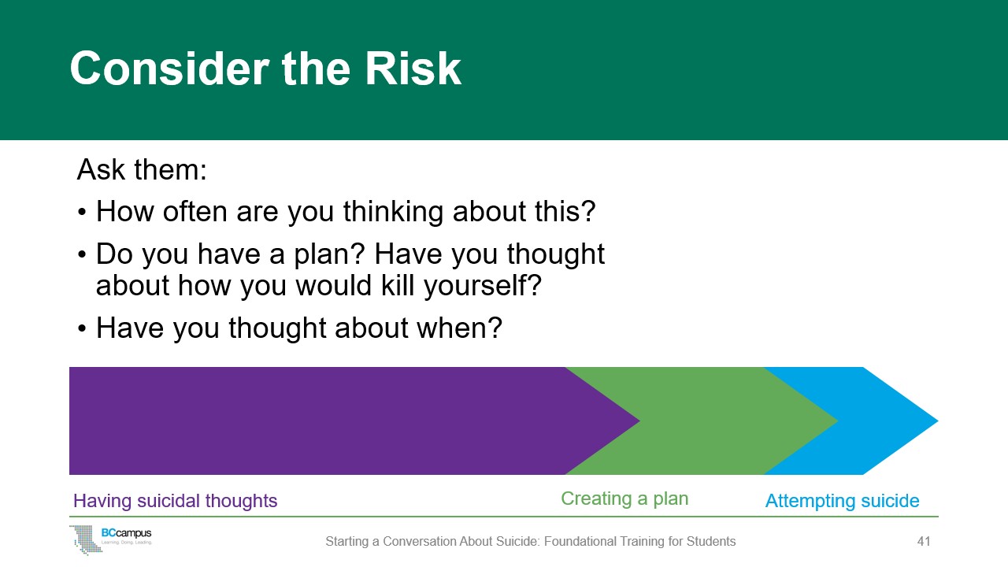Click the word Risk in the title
pyautogui.click(x=413, y=69)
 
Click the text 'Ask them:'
pyautogui.click(x=142, y=169)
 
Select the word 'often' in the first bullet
pyautogui.click(x=195, y=211)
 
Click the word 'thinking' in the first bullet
pyautogui.click(x=393, y=213)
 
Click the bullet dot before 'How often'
pyautogui.click(x=81, y=212)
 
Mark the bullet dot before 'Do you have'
pyautogui.click(x=81, y=254)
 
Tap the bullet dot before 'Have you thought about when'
pyautogui.click(x=81, y=328)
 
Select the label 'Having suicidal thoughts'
pyautogui.click(x=175, y=501)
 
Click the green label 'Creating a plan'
pyautogui.click(x=624, y=499)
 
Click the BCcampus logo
pyautogui.click(x=111, y=539)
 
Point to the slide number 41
pyautogui.click(x=924, y=541)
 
